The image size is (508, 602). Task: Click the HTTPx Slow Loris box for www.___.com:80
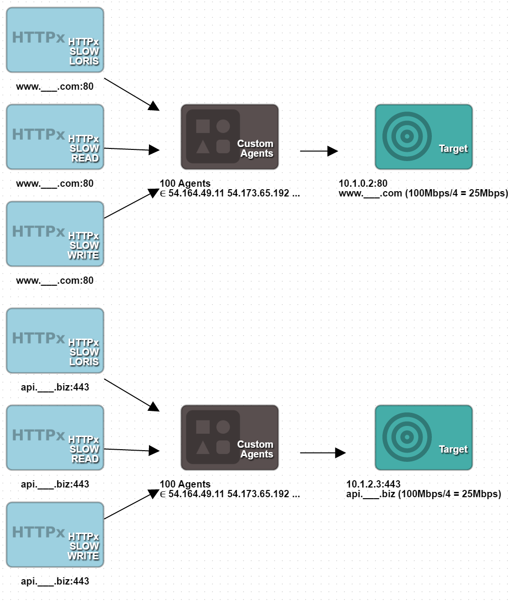55,40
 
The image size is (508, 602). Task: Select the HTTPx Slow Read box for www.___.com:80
55,137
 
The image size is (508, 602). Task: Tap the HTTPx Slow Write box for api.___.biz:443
55,535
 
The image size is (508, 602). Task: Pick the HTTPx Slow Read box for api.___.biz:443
55,438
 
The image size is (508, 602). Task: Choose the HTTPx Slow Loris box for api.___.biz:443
55,341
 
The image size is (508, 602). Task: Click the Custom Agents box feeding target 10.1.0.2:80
229,137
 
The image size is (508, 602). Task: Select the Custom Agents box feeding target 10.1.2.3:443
229,438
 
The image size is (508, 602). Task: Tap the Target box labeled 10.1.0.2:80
424,137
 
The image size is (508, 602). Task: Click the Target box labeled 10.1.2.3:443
424,438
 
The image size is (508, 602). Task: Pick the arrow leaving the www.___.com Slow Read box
131,149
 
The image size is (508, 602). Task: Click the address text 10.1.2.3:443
373,484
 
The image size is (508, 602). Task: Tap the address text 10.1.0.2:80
363,183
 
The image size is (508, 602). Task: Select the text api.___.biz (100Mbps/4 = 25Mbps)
423,494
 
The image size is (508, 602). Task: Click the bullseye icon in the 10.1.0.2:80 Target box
407,136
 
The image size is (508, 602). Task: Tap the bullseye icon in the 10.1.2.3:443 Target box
407,437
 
